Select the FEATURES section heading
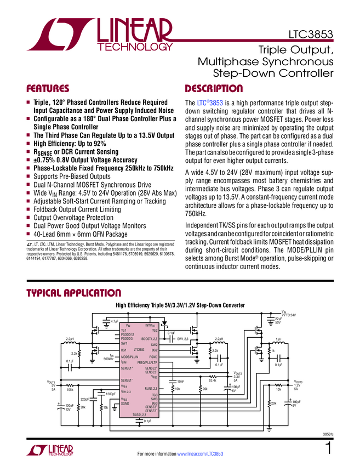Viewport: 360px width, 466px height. [x=48, y=89]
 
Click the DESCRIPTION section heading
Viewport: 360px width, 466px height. [x=214, y=89]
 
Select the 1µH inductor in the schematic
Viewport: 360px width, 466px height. [x=278, y=339]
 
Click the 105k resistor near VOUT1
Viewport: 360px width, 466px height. [x=70, y=390]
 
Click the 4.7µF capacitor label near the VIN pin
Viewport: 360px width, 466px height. [x=114, y=321]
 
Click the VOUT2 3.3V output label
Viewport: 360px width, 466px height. [x=238, y=377]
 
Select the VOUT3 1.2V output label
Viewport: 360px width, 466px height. [x=298, y=385]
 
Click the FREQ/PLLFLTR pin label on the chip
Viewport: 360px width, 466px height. [x=147, y=362]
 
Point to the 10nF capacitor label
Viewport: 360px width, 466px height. [x=180, y=381]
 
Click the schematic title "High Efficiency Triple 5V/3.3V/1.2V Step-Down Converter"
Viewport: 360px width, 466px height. [x=180, y=305]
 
